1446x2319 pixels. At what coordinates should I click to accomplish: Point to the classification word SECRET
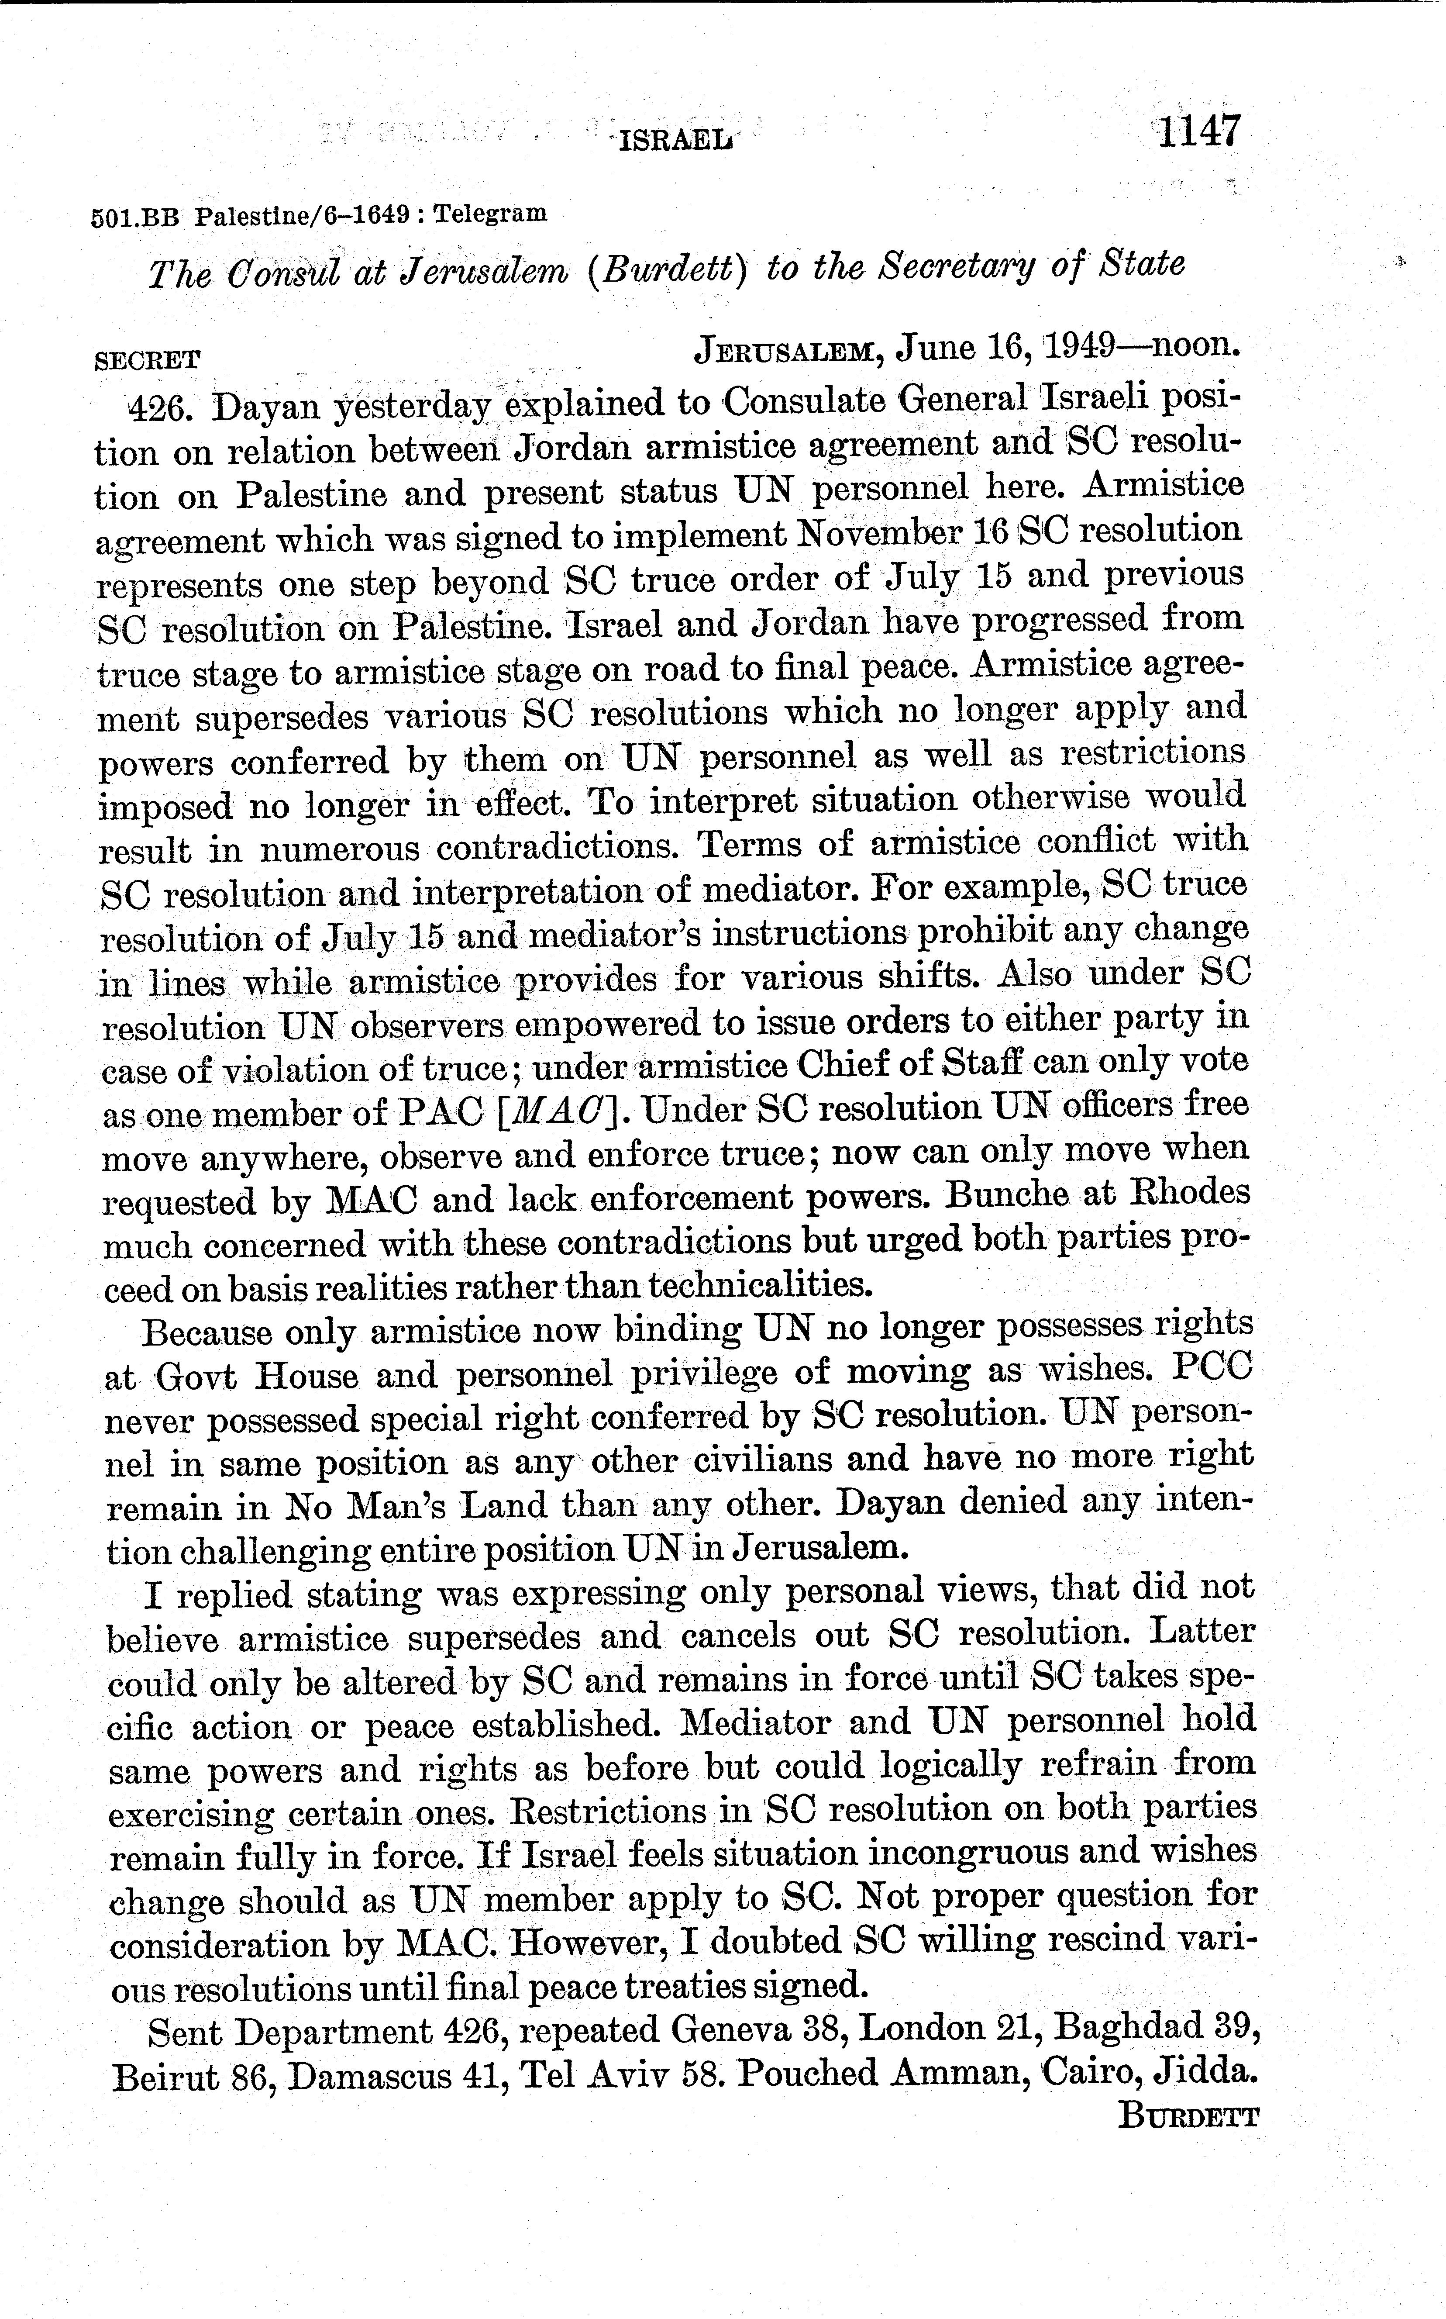point(148,361)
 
